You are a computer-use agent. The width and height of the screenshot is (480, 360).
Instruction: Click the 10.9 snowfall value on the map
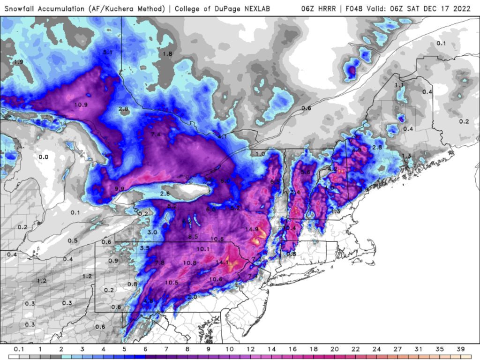point(81,104)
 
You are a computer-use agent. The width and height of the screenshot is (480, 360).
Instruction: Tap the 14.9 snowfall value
point(252,229)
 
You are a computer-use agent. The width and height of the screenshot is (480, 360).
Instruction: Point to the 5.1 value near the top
point(108,52)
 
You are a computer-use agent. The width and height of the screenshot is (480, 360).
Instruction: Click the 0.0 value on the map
point(43,157)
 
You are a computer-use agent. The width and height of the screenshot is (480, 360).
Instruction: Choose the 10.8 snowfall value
point(189,263)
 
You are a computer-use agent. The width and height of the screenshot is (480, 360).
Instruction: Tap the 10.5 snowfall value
point(172,282)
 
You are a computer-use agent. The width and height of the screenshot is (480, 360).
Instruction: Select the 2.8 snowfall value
point(377,148)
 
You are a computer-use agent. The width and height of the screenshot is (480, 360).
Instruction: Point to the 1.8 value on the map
point(167,54)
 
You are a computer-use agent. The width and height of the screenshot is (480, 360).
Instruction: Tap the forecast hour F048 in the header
point(350,8)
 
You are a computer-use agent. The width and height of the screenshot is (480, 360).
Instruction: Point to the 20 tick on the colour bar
point(334,349)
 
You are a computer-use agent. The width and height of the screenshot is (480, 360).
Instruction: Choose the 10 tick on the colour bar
point(230,349)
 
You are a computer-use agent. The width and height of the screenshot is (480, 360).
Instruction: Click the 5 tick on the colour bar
point(124,349)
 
